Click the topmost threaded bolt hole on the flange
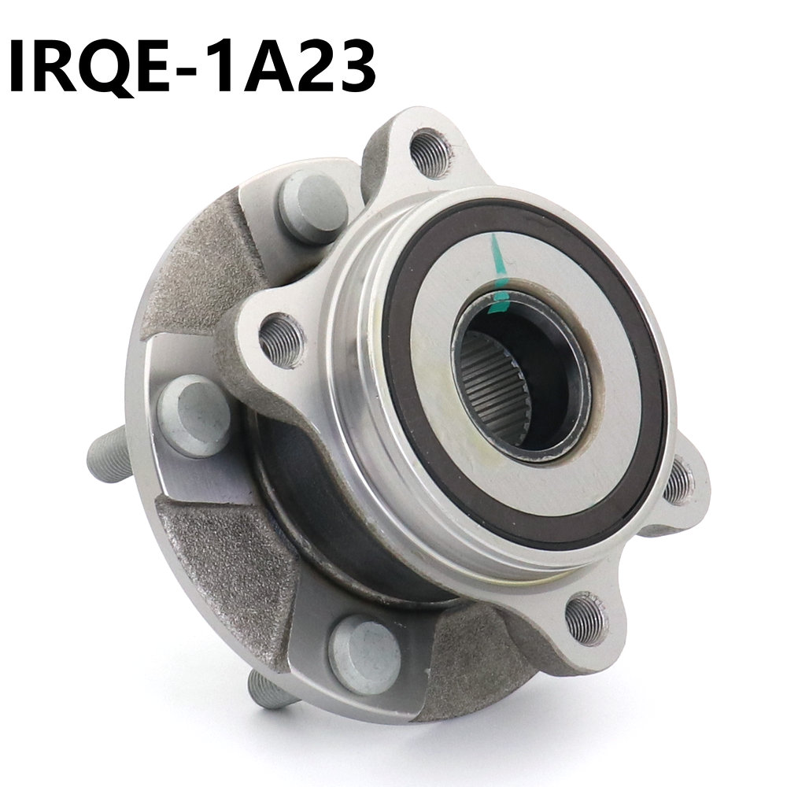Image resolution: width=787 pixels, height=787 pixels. tap(430, 153)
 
